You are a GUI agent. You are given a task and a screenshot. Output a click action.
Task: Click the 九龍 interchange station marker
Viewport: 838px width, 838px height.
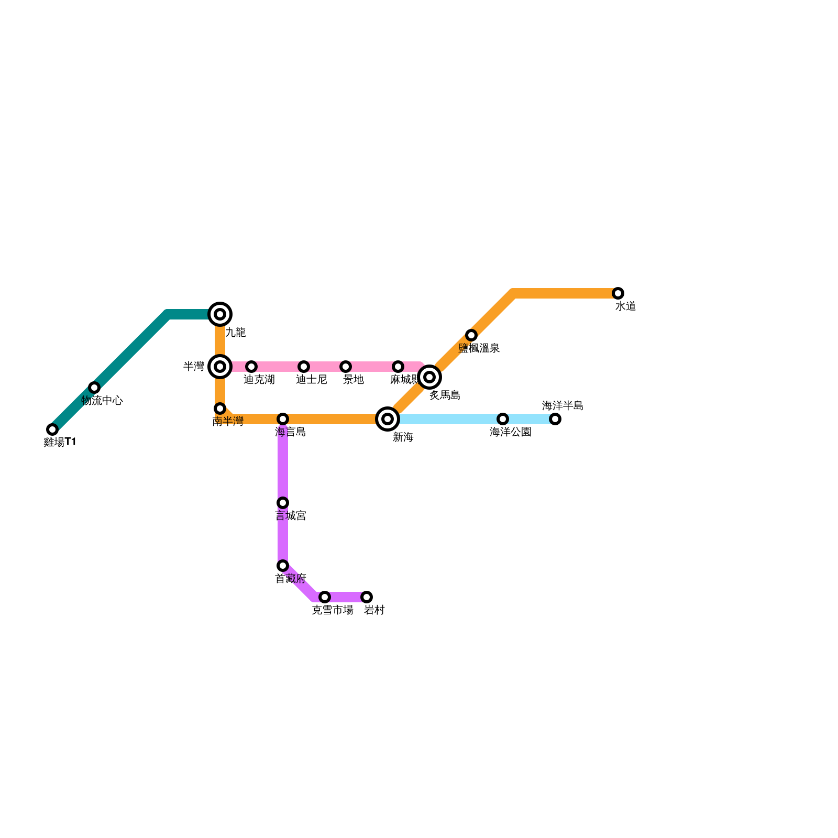[220, 314]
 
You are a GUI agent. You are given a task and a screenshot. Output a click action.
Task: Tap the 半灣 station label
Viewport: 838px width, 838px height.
[194, 367]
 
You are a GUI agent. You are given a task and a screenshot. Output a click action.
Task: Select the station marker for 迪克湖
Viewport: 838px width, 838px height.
[251, 367]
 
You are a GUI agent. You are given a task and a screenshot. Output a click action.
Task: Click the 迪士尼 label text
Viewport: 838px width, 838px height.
[311, 380]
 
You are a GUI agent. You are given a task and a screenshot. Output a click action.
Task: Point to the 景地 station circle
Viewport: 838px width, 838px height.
[346, 367]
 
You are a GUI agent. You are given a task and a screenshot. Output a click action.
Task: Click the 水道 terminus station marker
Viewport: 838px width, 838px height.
[618, 293]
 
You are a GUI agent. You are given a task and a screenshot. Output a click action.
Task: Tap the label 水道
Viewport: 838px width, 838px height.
[625, 306]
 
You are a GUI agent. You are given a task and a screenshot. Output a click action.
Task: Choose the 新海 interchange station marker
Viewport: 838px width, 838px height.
[388, 419]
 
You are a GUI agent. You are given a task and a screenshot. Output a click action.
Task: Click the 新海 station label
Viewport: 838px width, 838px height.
[403, 437]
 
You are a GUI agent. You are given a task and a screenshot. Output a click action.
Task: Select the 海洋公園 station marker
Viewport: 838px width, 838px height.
[503, 419]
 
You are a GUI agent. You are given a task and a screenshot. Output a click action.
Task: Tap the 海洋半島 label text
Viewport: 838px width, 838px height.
[563, 406]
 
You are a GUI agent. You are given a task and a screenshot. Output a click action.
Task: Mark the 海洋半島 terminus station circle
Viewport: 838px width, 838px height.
[555, 419]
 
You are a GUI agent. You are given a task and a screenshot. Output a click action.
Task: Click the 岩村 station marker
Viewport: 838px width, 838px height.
[367, 597]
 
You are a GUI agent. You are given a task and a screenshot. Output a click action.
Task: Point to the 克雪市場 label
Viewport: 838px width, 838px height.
[332, 610]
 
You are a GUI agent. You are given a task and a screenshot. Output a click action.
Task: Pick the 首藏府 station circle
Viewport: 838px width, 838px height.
[283, 566]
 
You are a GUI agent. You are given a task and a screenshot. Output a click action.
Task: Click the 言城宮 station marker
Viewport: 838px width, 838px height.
[283, 503]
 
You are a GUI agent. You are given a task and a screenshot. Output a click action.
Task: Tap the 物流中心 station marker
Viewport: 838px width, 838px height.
[94, 388]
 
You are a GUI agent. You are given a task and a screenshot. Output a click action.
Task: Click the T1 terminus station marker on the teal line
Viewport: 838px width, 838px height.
[52, 429]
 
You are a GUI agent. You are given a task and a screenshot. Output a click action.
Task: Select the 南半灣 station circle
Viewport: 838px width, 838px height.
[220, 409]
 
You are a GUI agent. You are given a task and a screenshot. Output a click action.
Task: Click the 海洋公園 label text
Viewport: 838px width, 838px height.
[510, 432]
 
